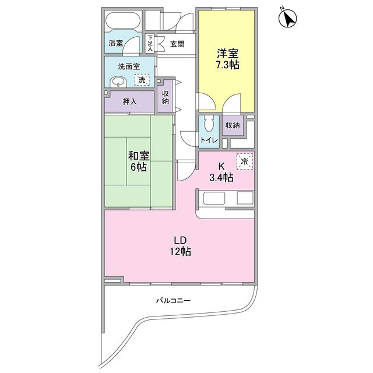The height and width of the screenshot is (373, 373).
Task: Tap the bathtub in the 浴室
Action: [x=123, y=21]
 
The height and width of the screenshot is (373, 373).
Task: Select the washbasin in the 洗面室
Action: [x=118, y=82]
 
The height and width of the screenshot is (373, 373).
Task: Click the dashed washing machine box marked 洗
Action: [x=142, y=80]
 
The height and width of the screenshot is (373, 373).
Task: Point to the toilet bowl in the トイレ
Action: [x=209, y=124]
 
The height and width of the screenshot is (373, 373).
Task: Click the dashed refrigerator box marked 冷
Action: [x=245, y=161]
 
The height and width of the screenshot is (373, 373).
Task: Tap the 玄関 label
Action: [x=177, y=44]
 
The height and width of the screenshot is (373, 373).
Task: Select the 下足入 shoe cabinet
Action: [x=150, y=43]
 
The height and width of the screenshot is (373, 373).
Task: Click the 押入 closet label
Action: [x=129, y=101]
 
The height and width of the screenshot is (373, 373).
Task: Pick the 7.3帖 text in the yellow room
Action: [x=228, y=65]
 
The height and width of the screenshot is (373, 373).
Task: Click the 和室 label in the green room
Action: [x=139, y=156]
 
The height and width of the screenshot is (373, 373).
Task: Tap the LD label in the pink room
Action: [x=180, y=241]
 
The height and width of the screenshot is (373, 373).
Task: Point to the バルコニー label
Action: [x=173, y=301]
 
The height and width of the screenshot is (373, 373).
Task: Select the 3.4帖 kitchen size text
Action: [x=221, y=177]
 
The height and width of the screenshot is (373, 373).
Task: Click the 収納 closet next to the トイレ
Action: [x=233, y=125]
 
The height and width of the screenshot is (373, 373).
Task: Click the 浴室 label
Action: [x=115, y=43]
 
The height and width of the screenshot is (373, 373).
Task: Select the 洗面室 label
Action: [x=129, y=66]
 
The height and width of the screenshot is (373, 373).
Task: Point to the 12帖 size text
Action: [x=180, y=251]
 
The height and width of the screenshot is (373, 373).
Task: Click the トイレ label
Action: [x=209, y=140]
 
